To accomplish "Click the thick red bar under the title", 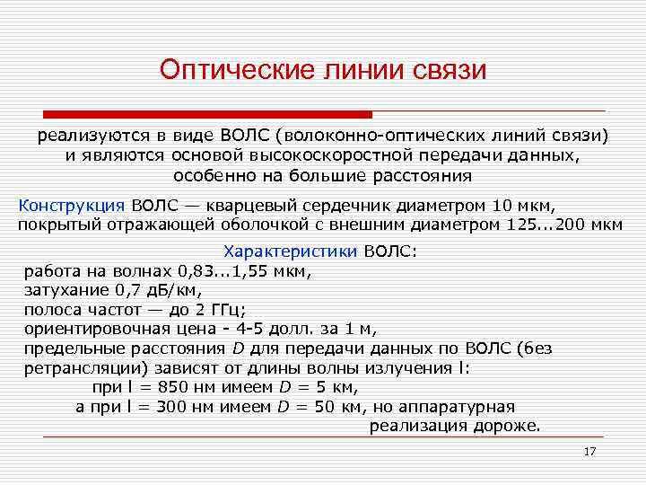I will tap(208, 115).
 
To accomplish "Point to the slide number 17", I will tap(589, 451).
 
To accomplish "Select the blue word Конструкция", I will tap(72, 204).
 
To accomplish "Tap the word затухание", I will tap(65, 290).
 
